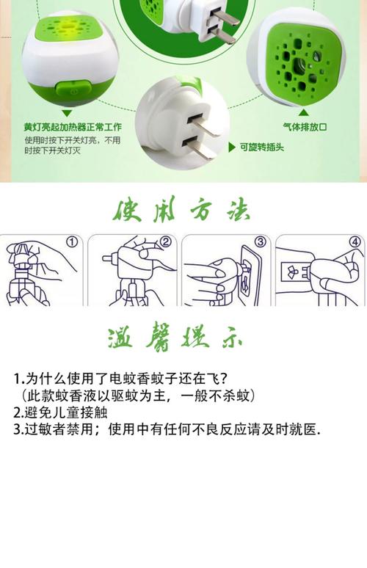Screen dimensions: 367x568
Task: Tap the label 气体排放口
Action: pos(305,127)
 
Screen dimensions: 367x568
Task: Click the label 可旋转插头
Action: pos(261,147)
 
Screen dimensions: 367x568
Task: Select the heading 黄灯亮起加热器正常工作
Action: pos(73,127)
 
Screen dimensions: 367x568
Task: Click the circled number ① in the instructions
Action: pos(73,241)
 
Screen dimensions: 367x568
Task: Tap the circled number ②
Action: pos(166,241)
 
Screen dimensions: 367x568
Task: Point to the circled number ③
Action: pos(260,241)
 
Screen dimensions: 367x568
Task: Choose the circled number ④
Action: pos(355,241)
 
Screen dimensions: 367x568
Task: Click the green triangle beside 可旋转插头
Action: pos(232,147)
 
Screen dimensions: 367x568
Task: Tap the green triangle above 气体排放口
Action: pos(304,113)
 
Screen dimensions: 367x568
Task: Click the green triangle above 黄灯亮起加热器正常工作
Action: pos(67,114)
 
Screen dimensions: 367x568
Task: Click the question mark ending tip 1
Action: pos(224,379)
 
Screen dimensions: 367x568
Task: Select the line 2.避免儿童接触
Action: pos(60,412)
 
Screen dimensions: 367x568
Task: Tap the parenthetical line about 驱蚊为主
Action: pos(137,396)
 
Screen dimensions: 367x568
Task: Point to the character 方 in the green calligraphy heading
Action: pos(200,209)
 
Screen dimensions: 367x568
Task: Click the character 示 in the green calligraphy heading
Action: pos(232,339)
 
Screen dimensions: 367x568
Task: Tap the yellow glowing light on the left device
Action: pos(70,26)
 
